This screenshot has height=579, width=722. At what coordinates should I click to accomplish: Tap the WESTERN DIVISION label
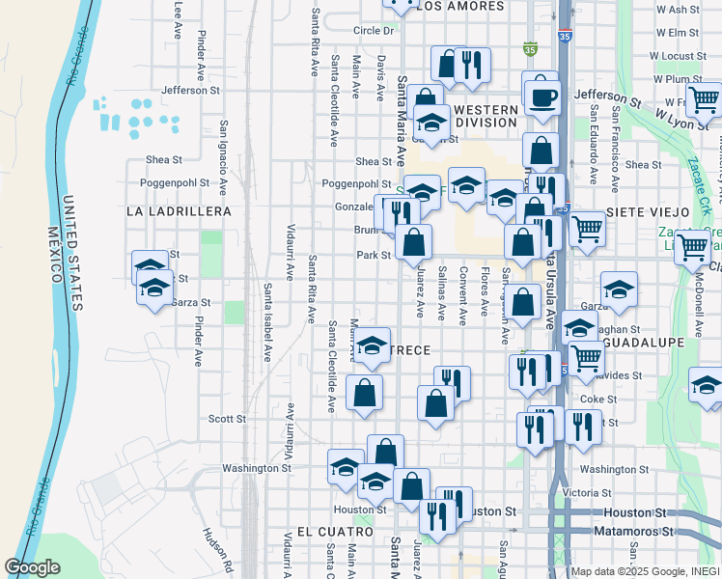(x=486, y=116)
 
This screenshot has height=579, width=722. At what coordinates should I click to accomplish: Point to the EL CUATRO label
(x=335, y=532)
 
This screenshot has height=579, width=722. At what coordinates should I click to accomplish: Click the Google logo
(x=33, y=566)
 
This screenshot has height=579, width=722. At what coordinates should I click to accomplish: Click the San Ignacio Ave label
(x=223, y=158)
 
